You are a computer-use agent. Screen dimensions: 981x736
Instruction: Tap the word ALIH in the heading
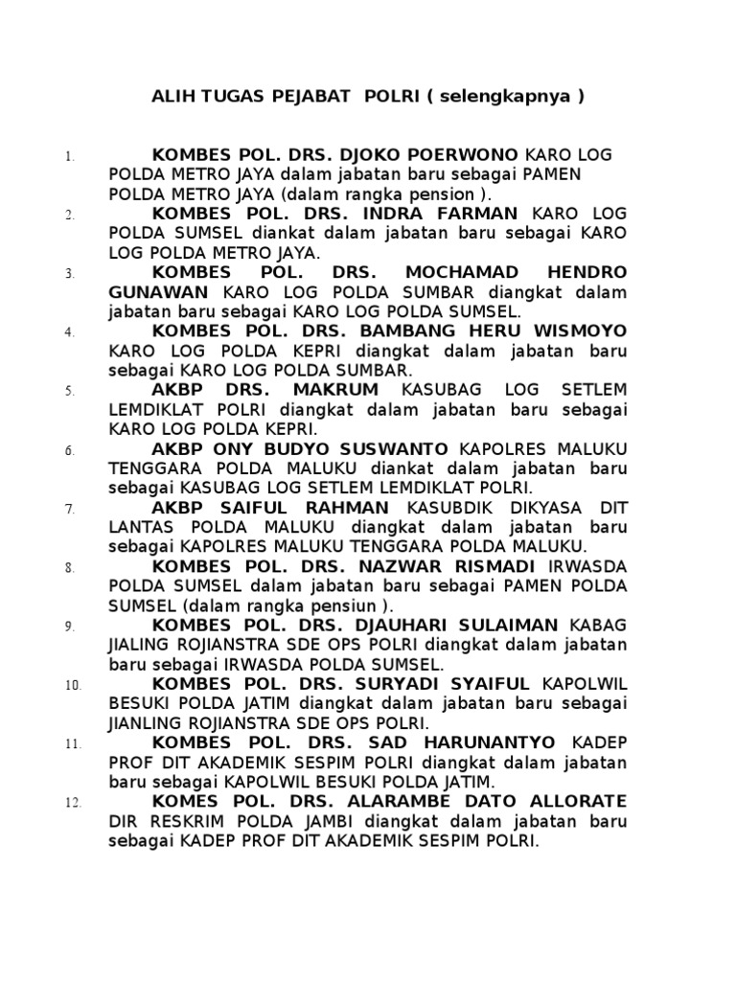pyautogui.click(x=173, y=97)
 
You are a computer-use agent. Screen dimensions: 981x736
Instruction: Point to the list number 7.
pyautogui.click(x=70, y=509)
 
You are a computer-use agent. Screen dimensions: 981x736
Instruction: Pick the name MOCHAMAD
pyautogui.click(x=471, y=273)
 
